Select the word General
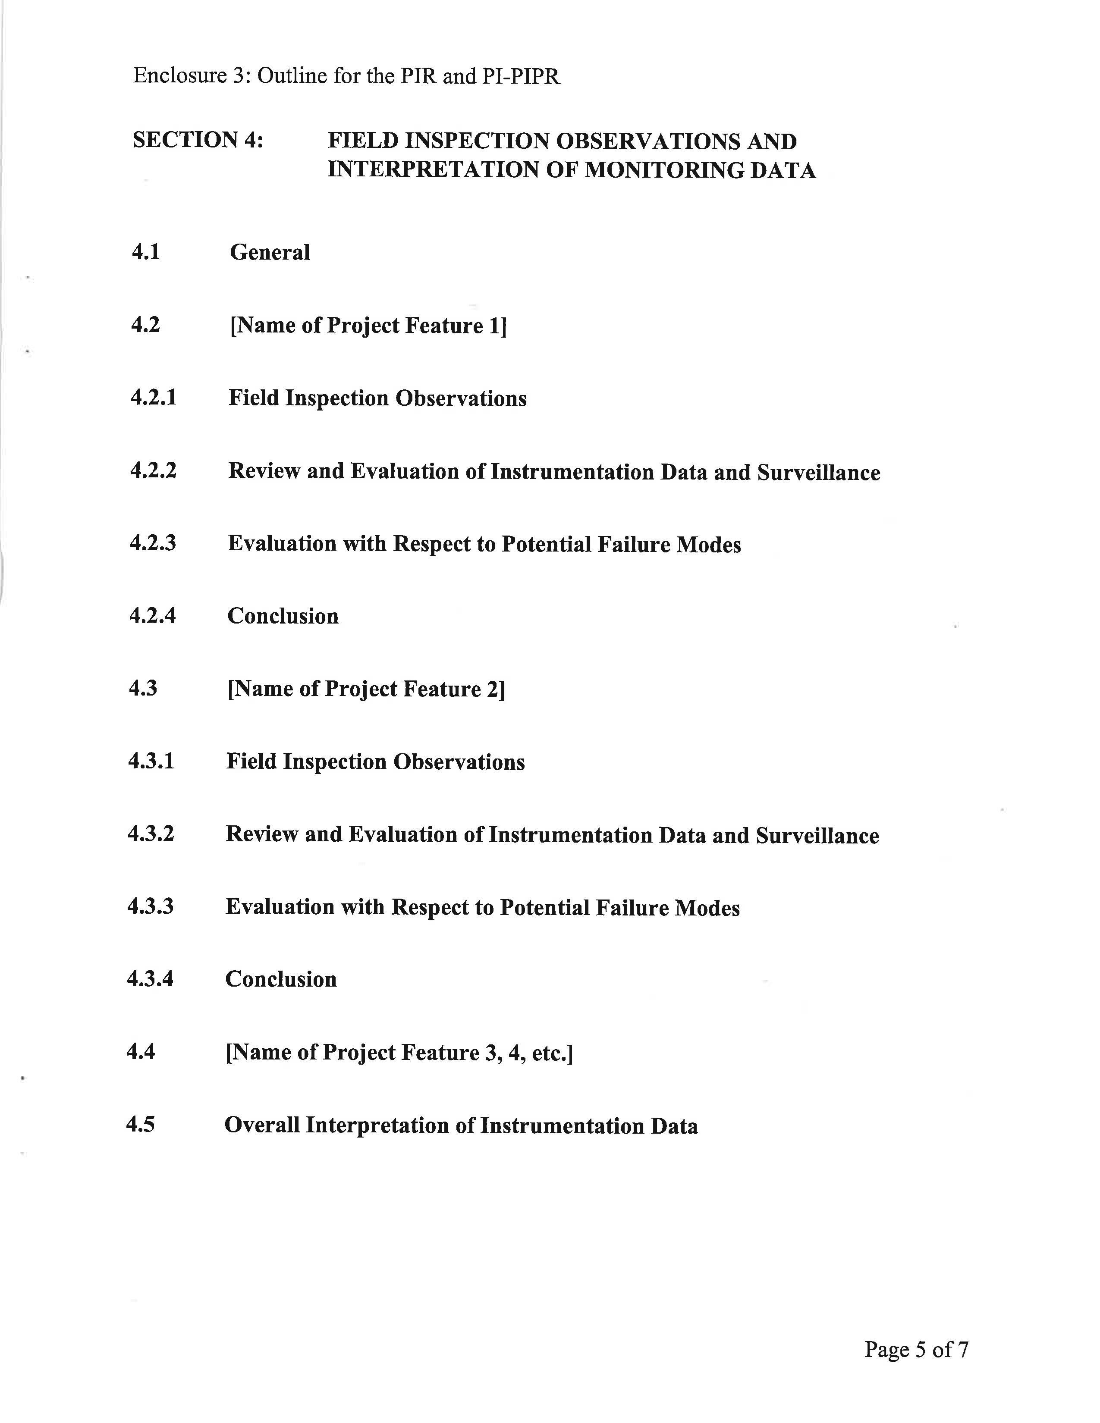270,252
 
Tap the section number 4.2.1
153,398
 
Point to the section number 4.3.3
151,906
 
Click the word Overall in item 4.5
262,1125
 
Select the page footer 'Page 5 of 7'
916,1349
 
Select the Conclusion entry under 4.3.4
281,979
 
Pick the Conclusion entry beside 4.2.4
283,616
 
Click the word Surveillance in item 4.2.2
818,472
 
